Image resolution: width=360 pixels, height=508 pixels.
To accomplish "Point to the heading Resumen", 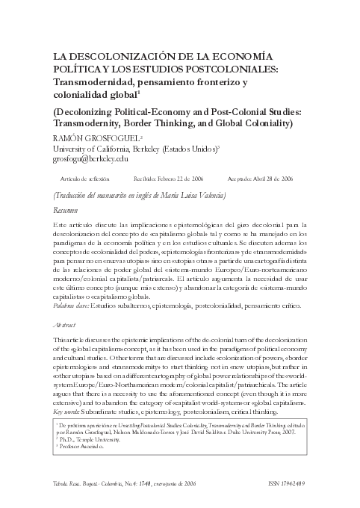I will pyautogui.click(x=65, y=211).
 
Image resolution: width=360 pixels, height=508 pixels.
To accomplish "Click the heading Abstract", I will pyautogui.click(x=66, y=326).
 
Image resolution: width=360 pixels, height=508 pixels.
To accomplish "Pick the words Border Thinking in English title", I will pyautogui.click(x=168, y=123).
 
